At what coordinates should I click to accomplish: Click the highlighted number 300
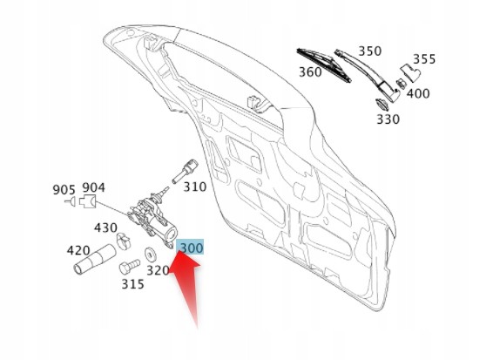(x=191, y=247)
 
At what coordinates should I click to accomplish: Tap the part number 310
(x=195, y=187)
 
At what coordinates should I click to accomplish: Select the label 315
(x=132, y=284)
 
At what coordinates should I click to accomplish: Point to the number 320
(x=158, y=270)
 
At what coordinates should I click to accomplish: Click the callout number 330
(x=388, y=119)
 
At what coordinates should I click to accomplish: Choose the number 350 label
(x=370, y=51)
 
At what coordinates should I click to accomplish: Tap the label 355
(x=424, y=59)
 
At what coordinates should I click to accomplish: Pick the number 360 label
(x=310, y=72)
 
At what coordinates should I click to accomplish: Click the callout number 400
(x=418, y=93)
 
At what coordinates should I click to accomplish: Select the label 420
(x=78, y=250)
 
